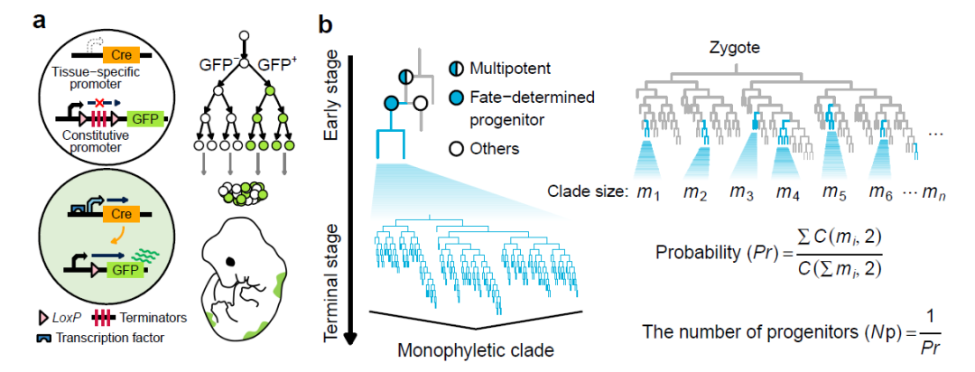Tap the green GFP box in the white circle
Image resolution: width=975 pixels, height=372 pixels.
(x=138, y=118)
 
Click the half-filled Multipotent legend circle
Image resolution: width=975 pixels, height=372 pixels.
(x=457, y=69)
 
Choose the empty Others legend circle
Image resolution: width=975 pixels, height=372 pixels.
(x=457, y=148)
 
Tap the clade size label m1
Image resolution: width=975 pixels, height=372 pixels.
(x=645, y=191)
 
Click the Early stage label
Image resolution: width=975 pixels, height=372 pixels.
(x=332, y=100)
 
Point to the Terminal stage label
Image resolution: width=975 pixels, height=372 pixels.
(x=332, y=270)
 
